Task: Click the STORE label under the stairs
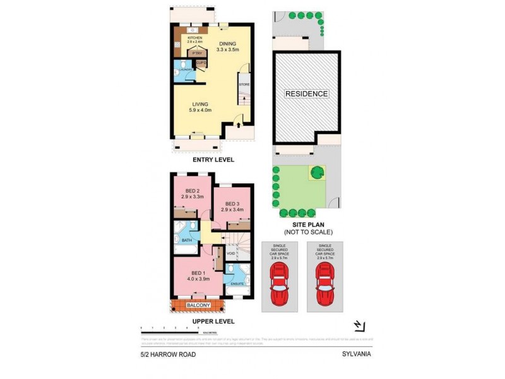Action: pos(244,84)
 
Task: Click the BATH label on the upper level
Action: pos(187,241)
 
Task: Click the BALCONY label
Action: pos(199,306)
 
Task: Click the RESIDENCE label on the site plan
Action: pos(307,94)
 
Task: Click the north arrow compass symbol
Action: pos(359,325)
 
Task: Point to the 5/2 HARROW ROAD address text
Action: pos(168,354)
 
